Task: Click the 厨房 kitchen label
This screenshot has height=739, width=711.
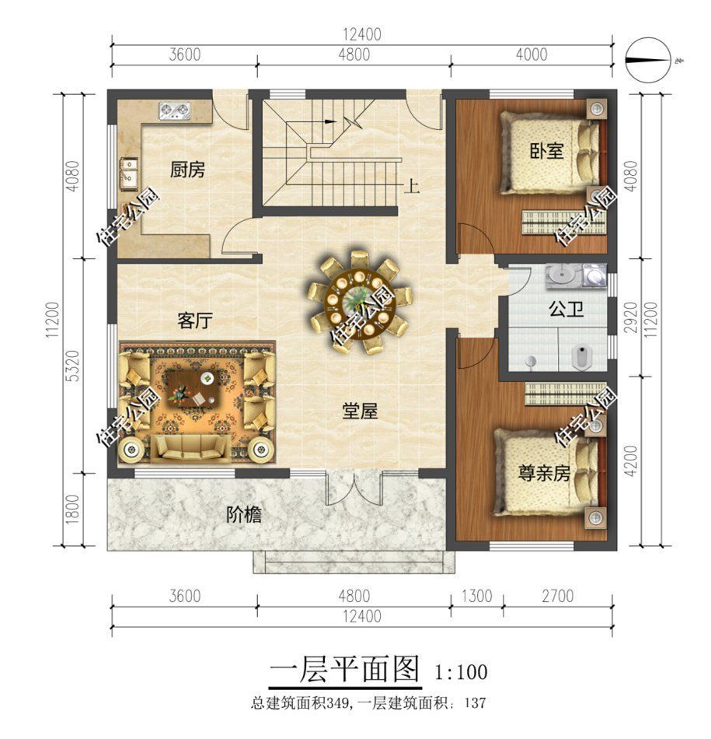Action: (x=187, y=170)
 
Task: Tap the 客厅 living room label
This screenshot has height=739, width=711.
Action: (x=194, y=320)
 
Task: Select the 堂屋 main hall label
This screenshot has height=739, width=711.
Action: (x=360, y=411)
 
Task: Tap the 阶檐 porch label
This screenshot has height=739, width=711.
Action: (x=243, y=515)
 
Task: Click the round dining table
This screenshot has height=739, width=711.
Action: (x=360, y=300)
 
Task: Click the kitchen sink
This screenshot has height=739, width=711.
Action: (x=128, y=173)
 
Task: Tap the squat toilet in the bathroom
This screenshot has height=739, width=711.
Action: (x=582, y=357)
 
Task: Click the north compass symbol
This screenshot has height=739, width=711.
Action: (x=647, y=60)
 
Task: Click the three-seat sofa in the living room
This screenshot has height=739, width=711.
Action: (x=190, y=447)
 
